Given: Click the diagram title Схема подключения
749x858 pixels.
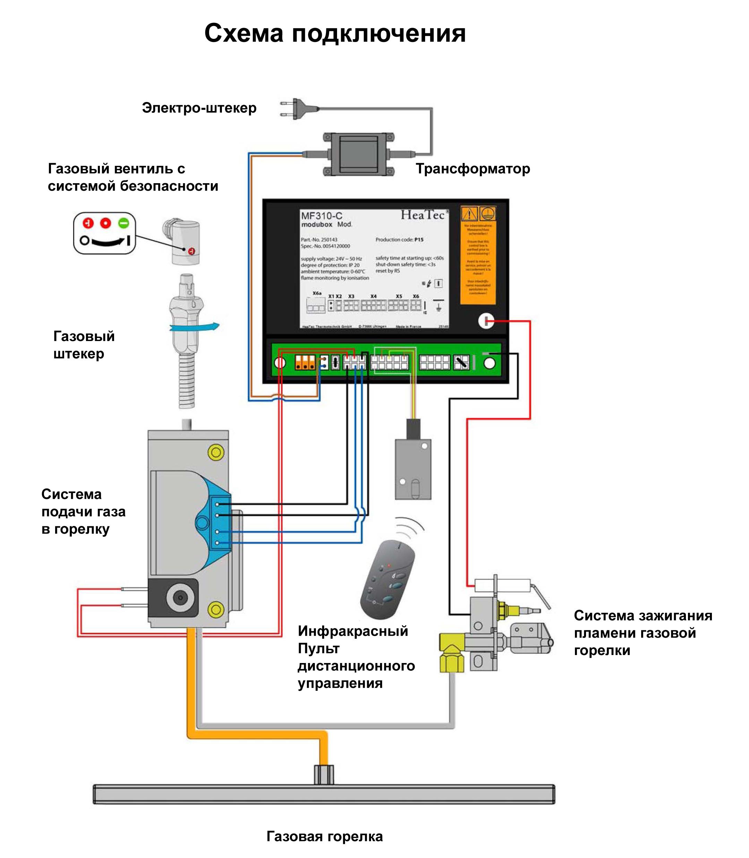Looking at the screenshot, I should pos(334,33).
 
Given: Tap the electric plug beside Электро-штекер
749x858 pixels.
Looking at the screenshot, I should pos(298,109).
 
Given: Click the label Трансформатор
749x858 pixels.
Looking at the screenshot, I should pos(473,169).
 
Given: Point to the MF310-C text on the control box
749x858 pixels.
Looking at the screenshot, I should pos(321,216).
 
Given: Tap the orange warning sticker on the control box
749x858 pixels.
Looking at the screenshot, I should pos(478,255).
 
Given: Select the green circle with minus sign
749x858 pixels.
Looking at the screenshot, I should pos(124,223).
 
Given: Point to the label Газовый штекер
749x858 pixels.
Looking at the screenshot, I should pos(84,345).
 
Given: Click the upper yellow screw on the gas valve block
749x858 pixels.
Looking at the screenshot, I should pos(216,452).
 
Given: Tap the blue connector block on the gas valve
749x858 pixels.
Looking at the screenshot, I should pos(220,523).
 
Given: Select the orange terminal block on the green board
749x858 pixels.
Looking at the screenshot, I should pos(305,362).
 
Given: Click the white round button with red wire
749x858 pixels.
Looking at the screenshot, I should pos(486,321).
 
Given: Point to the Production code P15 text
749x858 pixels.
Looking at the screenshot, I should pos(399,240).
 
